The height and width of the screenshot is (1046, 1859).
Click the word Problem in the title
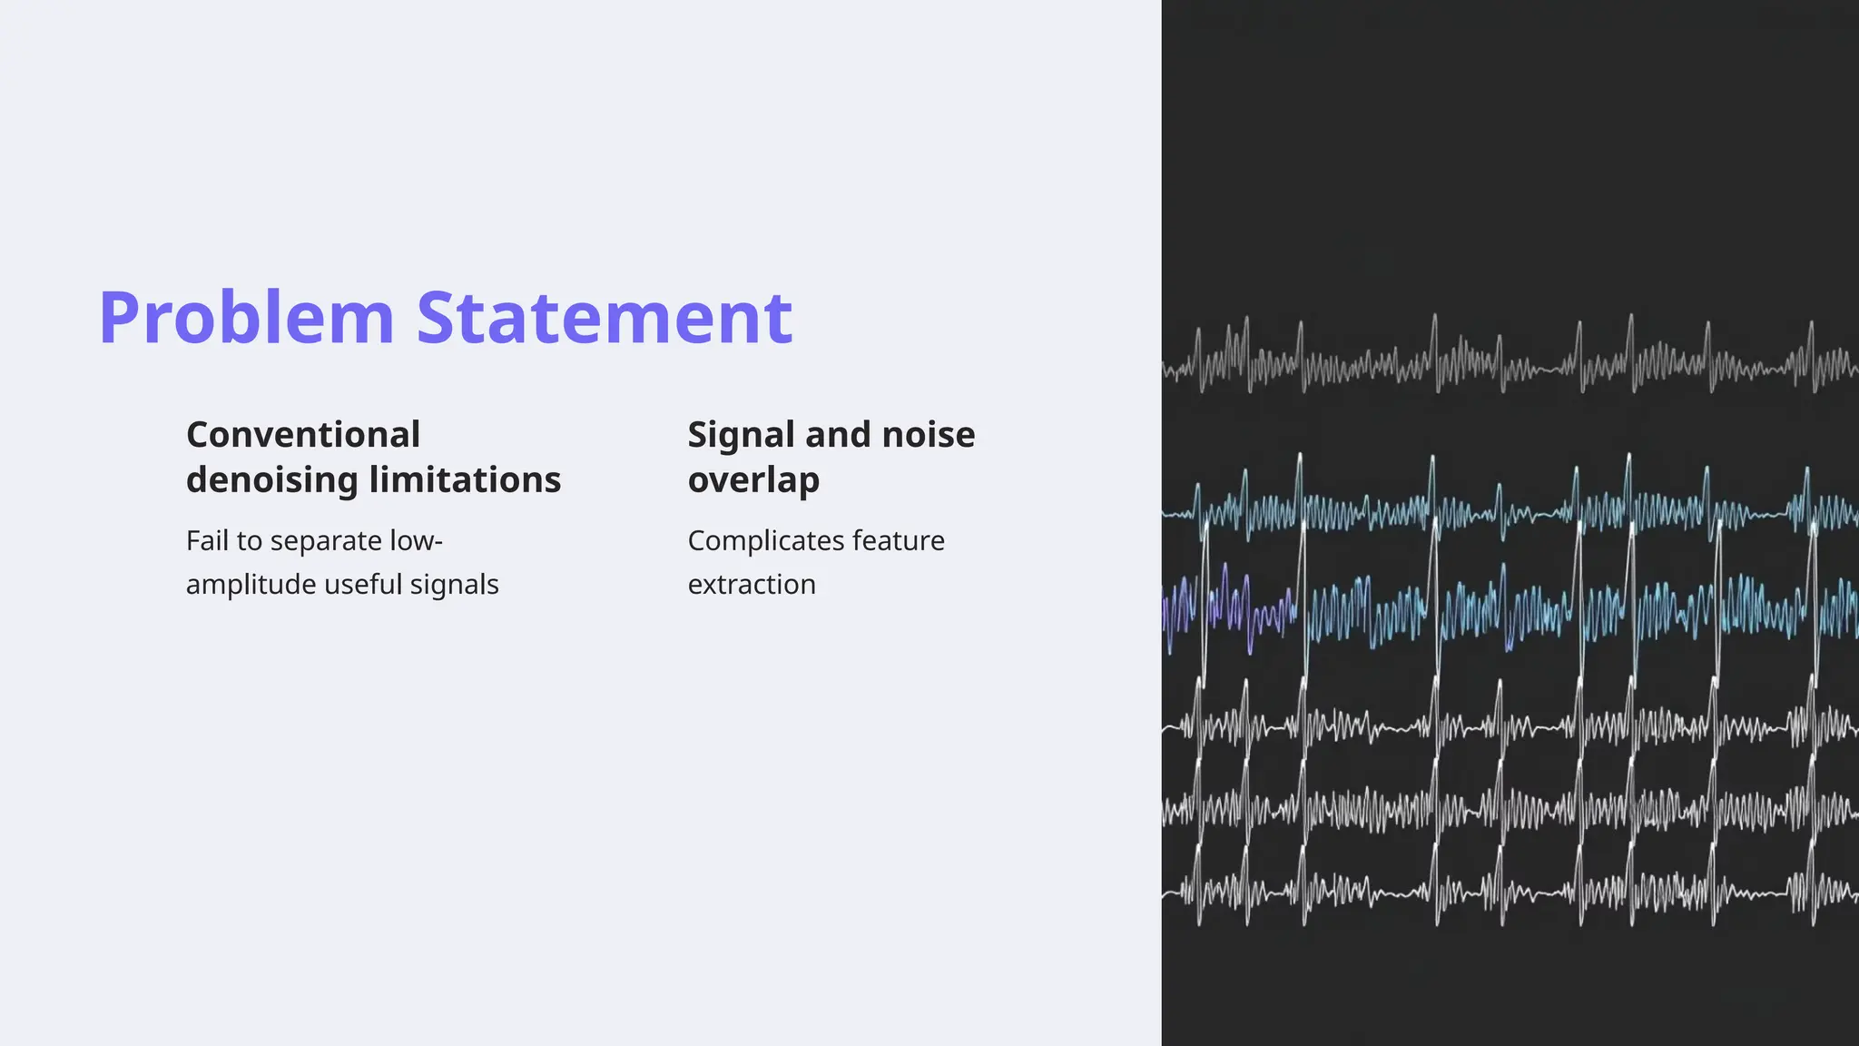[x=246, y=318]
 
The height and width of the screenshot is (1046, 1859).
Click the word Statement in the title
[x=604, y=318]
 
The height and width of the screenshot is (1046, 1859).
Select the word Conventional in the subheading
[x=303, y=435]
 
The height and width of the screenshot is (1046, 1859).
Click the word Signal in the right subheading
[x=740, y=435]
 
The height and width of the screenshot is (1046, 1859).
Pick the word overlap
[x=753, y=479]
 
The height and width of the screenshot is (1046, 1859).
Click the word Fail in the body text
[x=207, y=541]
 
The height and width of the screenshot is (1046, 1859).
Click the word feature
[x=898, y=541]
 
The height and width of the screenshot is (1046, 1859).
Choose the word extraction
[x=752, y=585]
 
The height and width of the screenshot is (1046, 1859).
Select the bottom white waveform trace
[x=1507, y=890]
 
